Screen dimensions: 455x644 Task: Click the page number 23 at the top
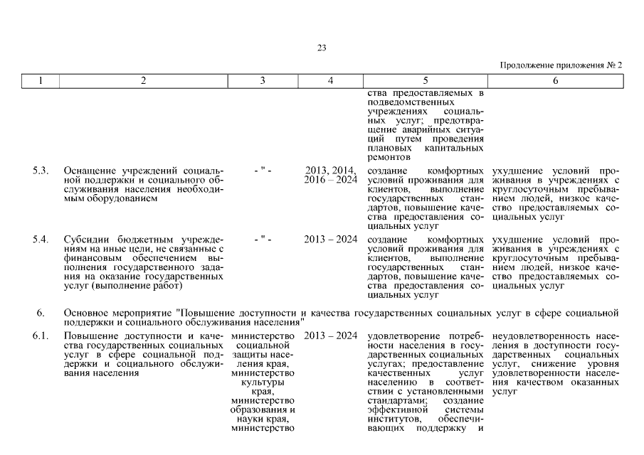coord(321,48)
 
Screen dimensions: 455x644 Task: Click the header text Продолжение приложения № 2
coord(561,65)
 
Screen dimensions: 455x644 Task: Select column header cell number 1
coord(40,81)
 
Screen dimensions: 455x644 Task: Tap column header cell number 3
coord(263,81)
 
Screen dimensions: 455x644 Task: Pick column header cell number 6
coord(555,81)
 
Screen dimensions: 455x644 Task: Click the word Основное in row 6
coord(86,313)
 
